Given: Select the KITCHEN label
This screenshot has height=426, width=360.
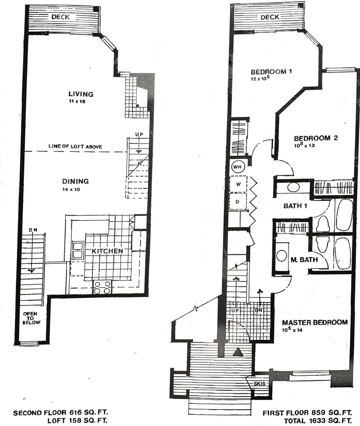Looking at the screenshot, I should coord(108,250).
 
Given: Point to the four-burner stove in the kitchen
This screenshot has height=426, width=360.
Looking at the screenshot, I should coord(102,287).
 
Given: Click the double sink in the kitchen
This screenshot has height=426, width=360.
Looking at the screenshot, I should coord(78,250).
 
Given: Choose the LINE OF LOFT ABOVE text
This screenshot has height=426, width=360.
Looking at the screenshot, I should coord(75,146).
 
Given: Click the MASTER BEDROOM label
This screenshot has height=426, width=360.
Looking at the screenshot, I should coord(315,322).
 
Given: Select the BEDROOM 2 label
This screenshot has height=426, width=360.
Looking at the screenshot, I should coord(315,138).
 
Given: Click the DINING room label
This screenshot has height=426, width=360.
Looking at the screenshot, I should coord(75,181).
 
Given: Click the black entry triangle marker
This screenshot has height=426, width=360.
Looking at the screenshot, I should coord(238,352).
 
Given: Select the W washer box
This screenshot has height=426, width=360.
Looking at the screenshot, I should coord(238,184).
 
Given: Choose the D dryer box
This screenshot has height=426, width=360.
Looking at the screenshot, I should coord(237,202).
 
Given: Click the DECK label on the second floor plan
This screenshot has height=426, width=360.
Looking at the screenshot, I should coord(61,17).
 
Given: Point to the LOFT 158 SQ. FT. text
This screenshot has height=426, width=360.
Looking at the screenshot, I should coord(78,421).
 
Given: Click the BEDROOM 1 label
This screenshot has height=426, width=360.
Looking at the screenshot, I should coord(271,72).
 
